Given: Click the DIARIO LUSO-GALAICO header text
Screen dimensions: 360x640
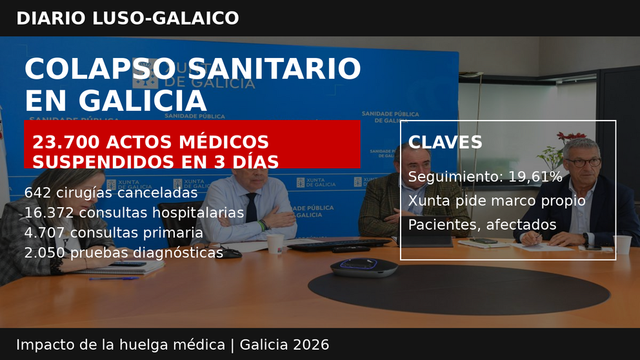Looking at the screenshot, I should click(x=127, y=18).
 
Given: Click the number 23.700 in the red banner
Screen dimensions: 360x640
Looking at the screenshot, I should click(x=64, y=143).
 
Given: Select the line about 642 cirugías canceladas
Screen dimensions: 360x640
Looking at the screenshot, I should click(x=110, y=193).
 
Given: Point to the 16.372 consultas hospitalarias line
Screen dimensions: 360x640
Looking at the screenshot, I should click(x=134, y=213).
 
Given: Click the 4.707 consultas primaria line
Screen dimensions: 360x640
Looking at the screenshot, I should click(x=113, y=233).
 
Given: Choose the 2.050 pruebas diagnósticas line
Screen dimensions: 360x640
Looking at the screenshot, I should click(x=123, y=253).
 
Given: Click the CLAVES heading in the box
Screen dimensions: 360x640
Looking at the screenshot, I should click(x=445, y=143).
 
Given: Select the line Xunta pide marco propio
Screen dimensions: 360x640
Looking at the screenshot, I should click(x=496, y=201).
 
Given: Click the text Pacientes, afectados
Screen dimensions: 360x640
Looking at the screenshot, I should click(x=481, y=225).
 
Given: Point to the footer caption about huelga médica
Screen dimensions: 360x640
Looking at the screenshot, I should click(x=172, y=345).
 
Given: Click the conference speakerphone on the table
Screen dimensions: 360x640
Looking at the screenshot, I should click(x=364, y=266).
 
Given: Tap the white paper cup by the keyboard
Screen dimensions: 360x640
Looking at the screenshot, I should click(x=275, y=243).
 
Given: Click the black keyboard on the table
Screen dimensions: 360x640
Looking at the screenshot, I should click(x=338, y=245).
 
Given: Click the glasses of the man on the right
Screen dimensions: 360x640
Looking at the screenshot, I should click(x=582, y=162).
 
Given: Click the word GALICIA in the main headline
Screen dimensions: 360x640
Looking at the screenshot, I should click(x=143, y=101).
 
